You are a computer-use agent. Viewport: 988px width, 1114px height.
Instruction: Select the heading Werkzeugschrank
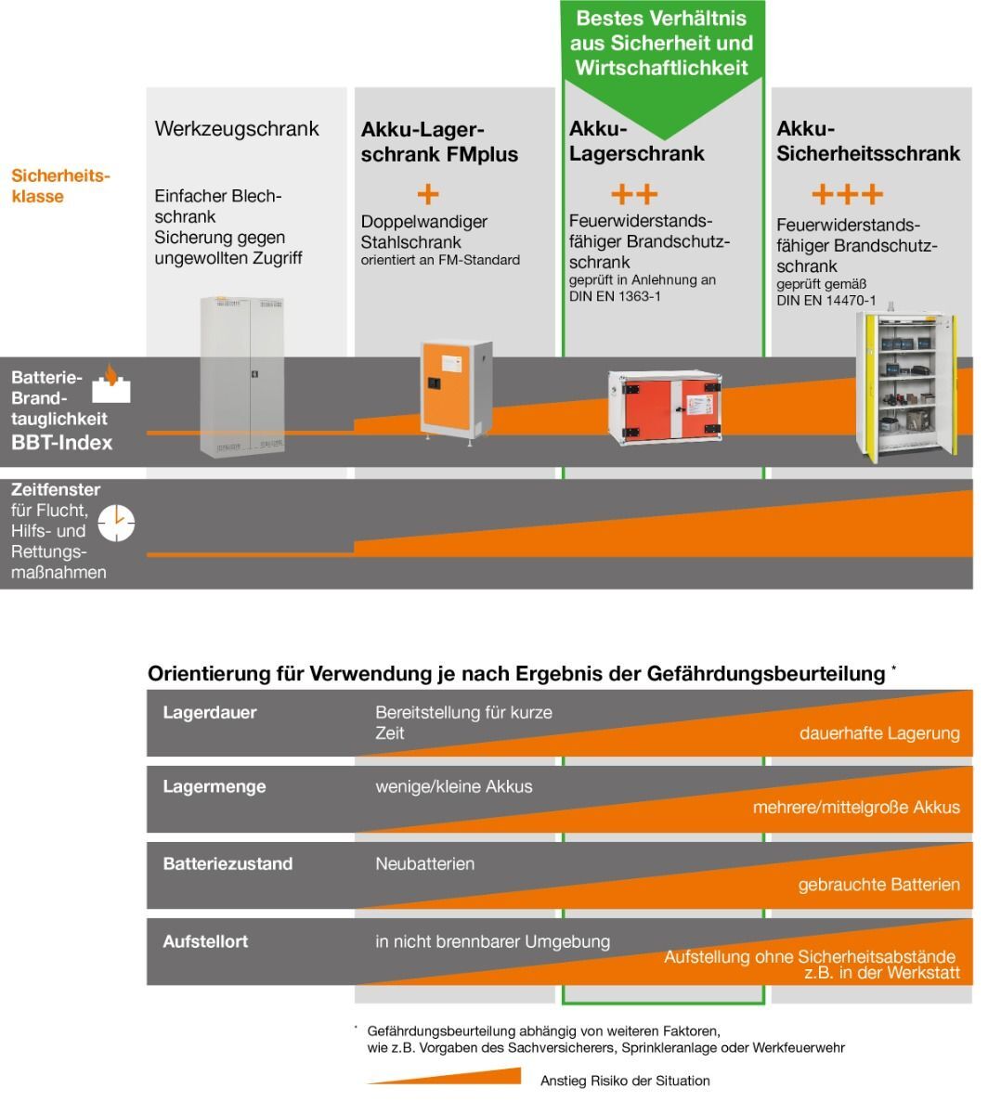pyautogui.click(x=237, y=129)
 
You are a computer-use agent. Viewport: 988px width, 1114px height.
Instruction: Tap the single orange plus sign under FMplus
pyautogui.click(x=428, y=194)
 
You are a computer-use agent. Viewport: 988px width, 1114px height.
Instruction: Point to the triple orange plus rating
pyautogui.click(x=847, y=194)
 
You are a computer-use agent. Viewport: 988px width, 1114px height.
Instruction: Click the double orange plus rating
pyautogui.click(x=634, y=194)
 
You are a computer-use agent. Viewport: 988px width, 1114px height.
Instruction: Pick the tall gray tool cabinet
pyautogui.click(x=242, y=376)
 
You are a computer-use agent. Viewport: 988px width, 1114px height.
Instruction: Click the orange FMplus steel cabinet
pyautogui.click(x=456, y=392)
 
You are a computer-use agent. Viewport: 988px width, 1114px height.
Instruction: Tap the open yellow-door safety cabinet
pyautogui.click(x=906, y=385)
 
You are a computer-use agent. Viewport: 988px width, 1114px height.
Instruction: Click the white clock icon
pyautogui.click(x=116, y=522)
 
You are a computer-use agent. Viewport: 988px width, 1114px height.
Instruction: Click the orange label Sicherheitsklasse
pyautogui.click(x=60, y=186)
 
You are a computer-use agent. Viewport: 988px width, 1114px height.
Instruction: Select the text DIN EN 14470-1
pyautogui.click(x=825, y=300)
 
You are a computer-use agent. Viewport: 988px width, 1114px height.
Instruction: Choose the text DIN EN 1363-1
pyautogui.click(x=615, y=296)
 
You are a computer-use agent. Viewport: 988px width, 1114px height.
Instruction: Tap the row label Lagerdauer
pyautogui.click(x=210, y=712)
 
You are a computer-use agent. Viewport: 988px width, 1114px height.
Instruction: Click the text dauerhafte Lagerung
pyautogui.click(x=879, y=733)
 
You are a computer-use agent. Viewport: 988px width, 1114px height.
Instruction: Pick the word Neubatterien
pyautogui.click(x=424, y=863)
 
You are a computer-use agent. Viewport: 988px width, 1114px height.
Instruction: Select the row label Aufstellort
pyautogui.click(x=205, y=941)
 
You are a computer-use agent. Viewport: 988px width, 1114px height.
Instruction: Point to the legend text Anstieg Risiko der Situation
pyautogui.click(x=625, y=1081)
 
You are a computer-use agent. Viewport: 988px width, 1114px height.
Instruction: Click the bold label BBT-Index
pyautogui.click(x=61, y=442)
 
